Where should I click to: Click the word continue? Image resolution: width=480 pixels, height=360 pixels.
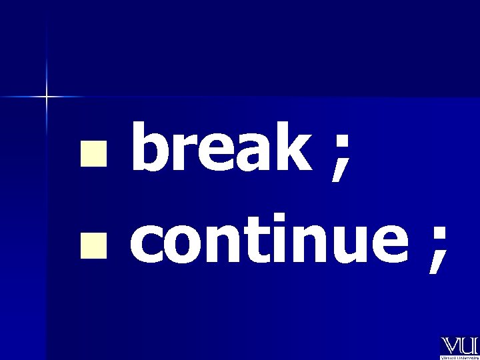click(x=265, y=241)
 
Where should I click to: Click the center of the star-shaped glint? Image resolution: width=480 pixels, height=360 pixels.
click(x=47, y=97)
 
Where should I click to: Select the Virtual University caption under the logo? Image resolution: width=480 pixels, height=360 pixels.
click(x=459, y=357)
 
